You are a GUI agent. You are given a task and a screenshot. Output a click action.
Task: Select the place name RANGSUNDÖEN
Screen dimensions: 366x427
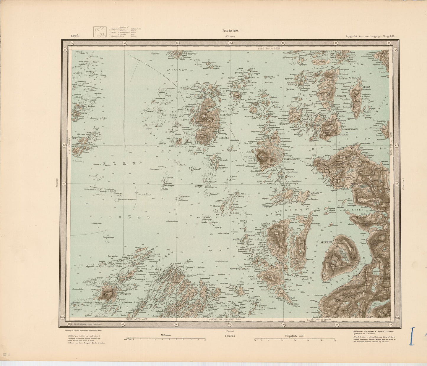click(x=350, y=129)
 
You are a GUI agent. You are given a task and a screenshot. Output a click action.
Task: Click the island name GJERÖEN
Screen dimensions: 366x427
click(x=340, y=97)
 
